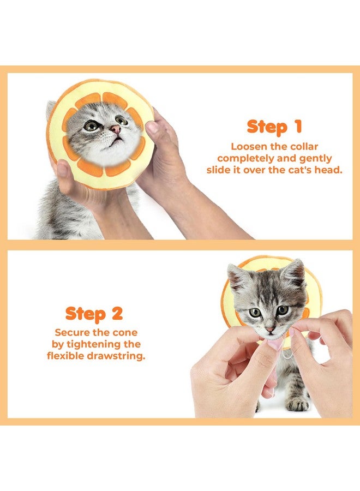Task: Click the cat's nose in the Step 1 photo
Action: click(x=115, y=129)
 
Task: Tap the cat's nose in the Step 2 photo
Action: click(x=270, y=330)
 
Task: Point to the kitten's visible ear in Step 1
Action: click(x=51, y=109)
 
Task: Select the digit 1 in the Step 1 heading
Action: click(x=297, y=127)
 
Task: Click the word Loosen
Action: click(x=249, y=147)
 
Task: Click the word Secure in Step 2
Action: click(x=70, y=332)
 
